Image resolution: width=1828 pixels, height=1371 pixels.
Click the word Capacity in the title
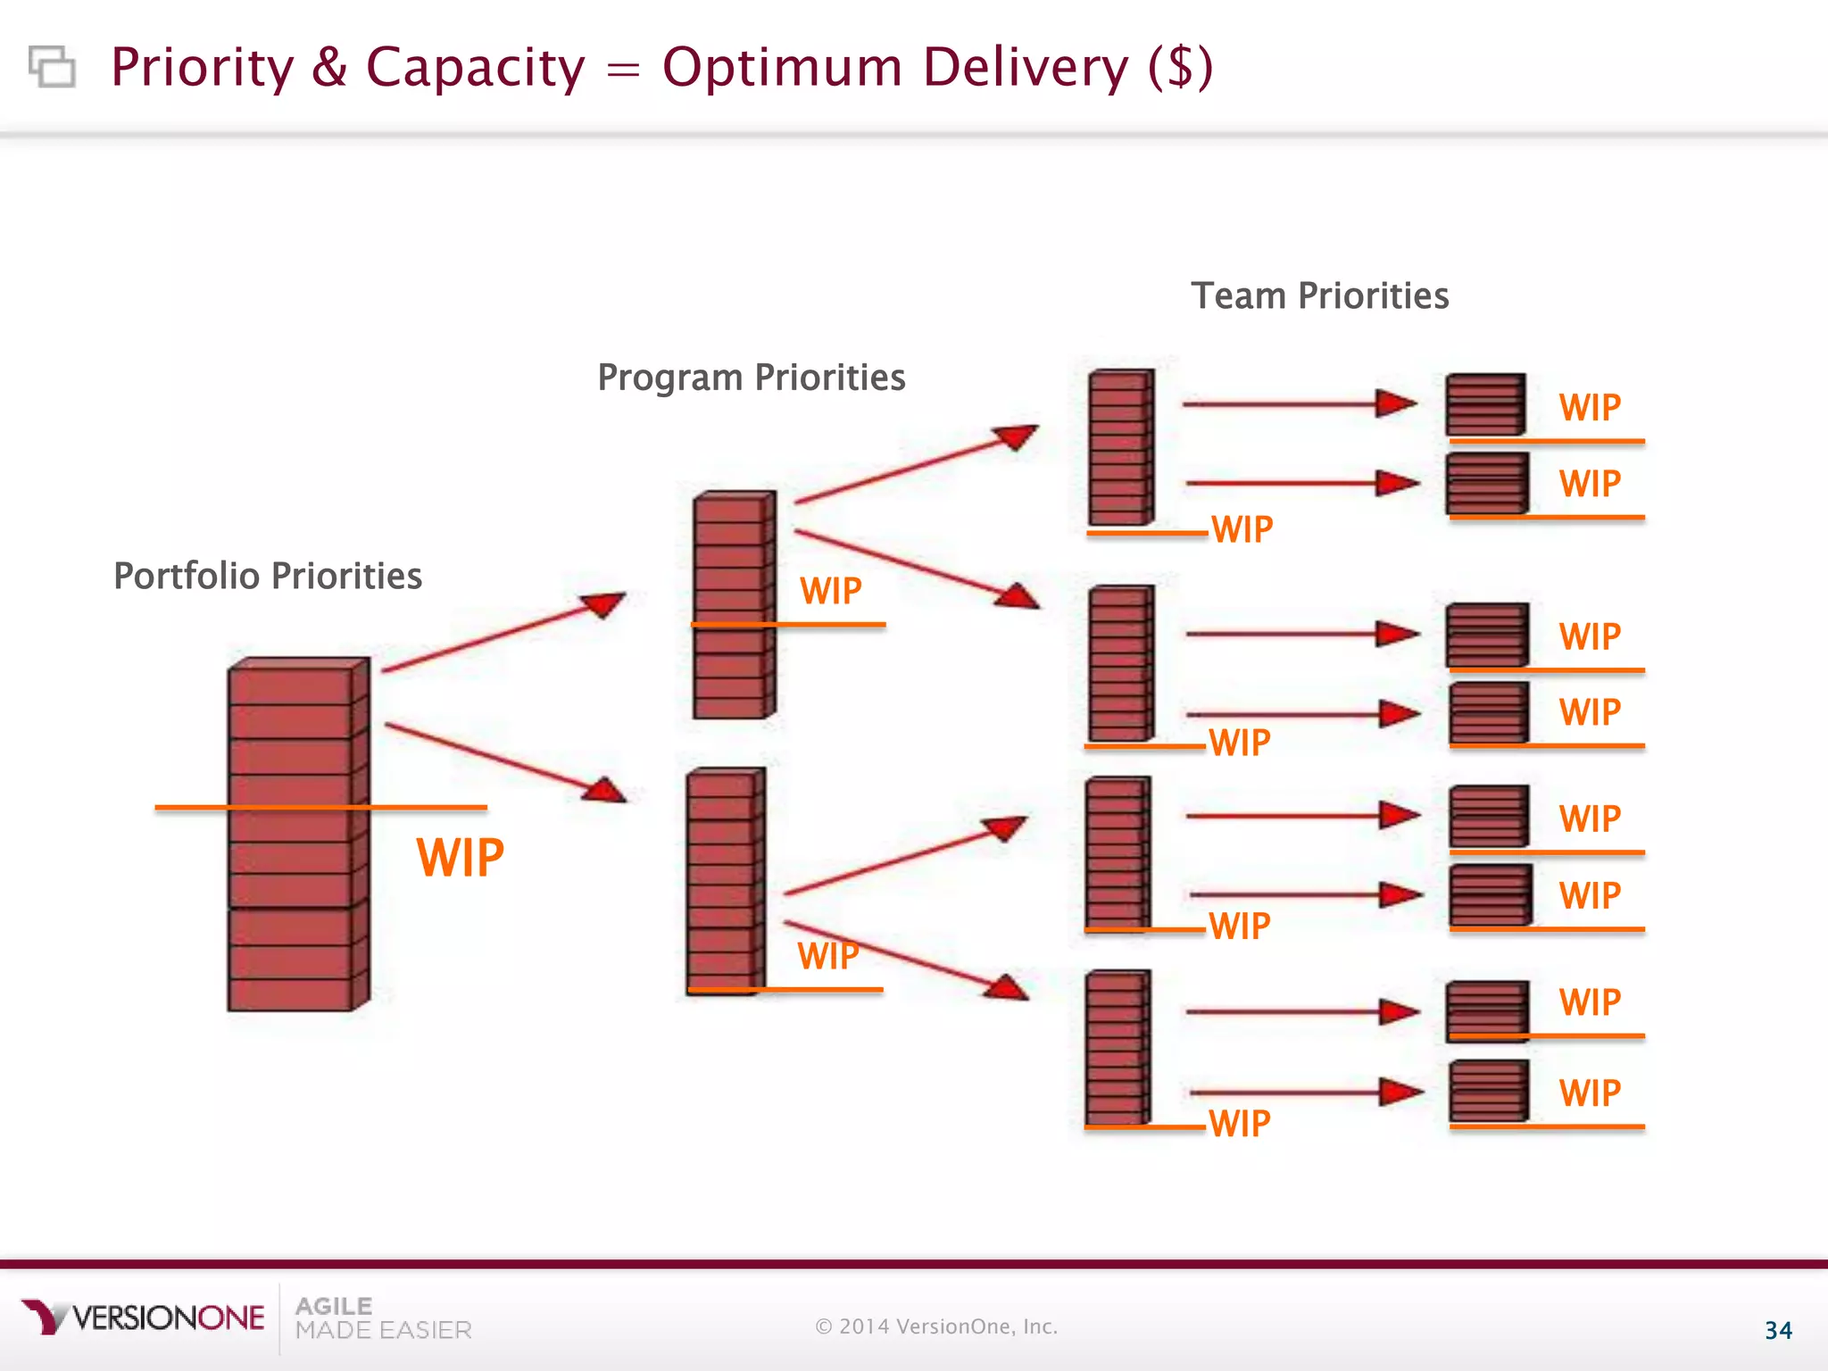[x=475, y=69]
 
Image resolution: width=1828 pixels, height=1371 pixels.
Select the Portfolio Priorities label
[x=268, y=576]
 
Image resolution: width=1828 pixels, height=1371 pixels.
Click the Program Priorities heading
[x=751, y=378]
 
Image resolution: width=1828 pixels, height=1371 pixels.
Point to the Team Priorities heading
[x=1319, y=295]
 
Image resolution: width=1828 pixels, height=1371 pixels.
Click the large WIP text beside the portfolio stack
[x=460, y=858]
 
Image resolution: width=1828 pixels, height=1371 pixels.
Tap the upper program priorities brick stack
[x=733, y=605]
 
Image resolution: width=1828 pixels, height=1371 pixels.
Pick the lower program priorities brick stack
[x=726, y=881]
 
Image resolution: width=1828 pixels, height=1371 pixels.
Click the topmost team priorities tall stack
[x=1120, y=447]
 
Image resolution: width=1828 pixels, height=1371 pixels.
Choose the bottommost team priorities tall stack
[x=1117, y=1048]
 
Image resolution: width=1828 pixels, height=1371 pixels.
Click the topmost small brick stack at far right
[x=1485, y=404]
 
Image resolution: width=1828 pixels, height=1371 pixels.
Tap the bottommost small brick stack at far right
[x=1489, y=1091]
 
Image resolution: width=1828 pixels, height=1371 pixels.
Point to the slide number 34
[x=1778, y=1331]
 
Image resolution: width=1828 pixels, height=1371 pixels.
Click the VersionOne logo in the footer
[x=143, y=1317]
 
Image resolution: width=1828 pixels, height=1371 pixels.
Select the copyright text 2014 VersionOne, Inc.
[x=936, y=1326]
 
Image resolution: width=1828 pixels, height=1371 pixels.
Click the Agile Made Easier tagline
[x=382, y=1318]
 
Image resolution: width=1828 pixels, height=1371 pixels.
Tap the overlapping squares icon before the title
[x=52, y=67]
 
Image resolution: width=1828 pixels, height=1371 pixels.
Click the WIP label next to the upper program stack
[x=830, y=591]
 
